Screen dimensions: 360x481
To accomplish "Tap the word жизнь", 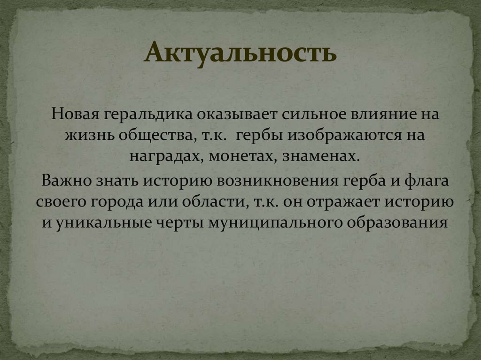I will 89,136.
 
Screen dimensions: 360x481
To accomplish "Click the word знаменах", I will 321,156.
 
